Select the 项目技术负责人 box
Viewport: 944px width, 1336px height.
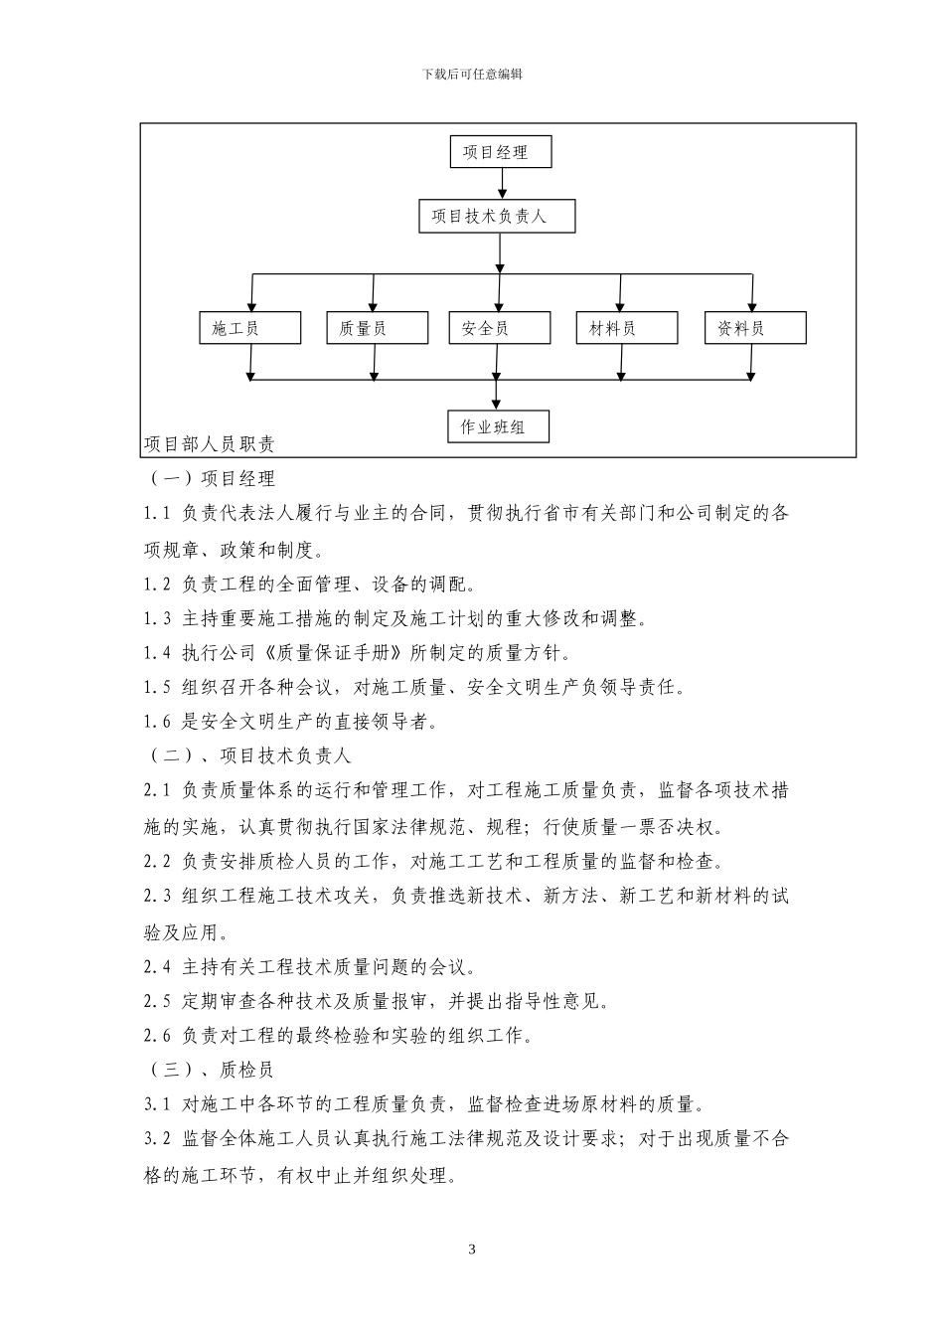pyautogui.click(x=497, y=216)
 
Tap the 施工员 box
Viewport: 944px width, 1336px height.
pyautogui.click(x=249, y=328)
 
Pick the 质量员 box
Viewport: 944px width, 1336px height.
pyautogui.click(x=377, y=328)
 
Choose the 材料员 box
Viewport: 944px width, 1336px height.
pyautogui.click(x=626, y=328)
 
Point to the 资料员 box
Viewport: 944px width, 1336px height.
pyautogui.click(x=754, y=328)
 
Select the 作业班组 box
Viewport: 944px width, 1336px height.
pyautogui.click(x=498, y=427)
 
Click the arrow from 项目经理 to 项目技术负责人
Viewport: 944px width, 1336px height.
pyautogui.click(x=503, y=183)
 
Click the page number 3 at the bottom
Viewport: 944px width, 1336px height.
pyautogui.click(x=472, y=1250)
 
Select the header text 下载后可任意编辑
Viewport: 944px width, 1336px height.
pyautogui.click(x=472, y=75)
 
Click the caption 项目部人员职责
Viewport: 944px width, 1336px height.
pyautogui.click(x=210, y=443)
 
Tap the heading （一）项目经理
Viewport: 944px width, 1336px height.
pyautogui.click(x=213, y=479)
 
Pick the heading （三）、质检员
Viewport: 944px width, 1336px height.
pyautogui.click(x=212, y=1070)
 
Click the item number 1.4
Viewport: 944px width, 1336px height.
pyautogui.click(x=158, y=653)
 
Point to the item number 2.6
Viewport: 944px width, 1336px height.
pyautogui.click(x=158, y=1036)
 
